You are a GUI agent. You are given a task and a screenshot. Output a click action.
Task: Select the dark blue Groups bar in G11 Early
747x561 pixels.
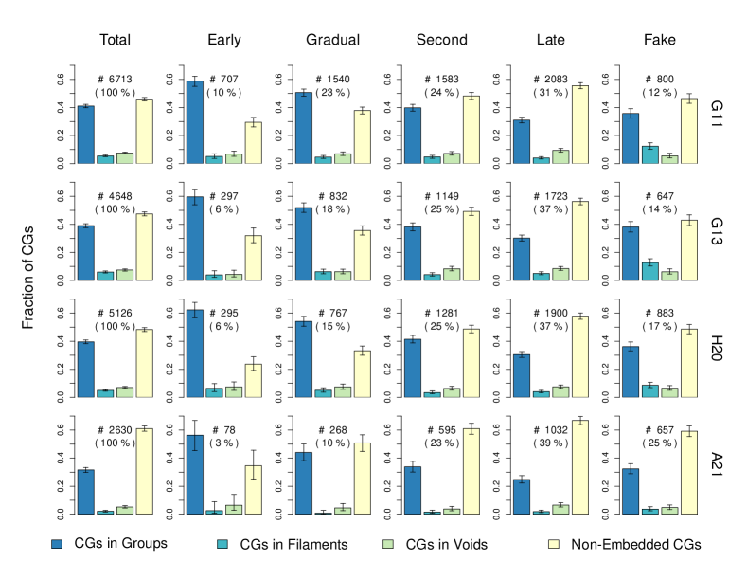click(x=194, y=122)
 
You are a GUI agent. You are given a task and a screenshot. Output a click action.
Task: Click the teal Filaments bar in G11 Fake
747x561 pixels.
click(x=650, y=154)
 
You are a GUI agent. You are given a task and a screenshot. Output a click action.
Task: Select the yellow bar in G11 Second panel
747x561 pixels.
click(x=471, y=130)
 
